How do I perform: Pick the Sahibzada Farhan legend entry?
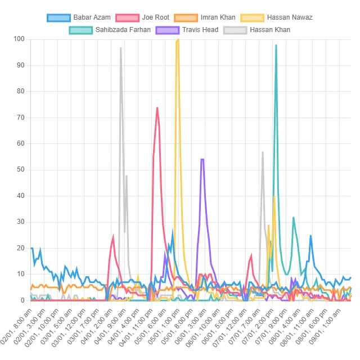click(110, 30)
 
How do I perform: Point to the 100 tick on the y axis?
click(19, 39)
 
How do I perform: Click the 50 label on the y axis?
click(21, 170)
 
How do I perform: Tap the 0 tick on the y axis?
click(23, 300)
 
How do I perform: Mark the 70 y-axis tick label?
click(21, 118)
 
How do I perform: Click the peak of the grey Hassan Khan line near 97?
click(120, 47)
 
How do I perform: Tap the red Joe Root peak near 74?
click(157, 107)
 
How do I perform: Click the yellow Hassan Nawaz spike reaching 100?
click(178, 39)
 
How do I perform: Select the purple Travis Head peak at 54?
click(202, 159)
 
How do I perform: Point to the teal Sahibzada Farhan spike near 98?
click(276, 44)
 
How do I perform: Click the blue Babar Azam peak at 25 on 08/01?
click(310, 235)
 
